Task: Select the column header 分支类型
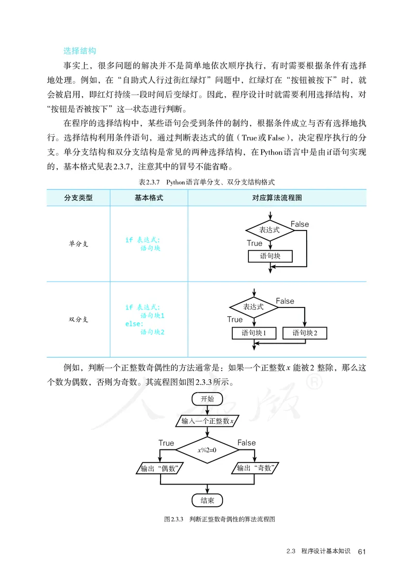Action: pos(78,198)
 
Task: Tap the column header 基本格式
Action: pos(149,198)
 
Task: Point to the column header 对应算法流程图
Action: pos(277,198)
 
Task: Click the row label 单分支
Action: pos(78,244)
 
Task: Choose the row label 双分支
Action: pos(78,319)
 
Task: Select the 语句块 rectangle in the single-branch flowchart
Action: pos(270,256)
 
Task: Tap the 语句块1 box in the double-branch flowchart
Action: pos(253,333)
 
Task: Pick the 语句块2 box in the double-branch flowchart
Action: pos(305,333)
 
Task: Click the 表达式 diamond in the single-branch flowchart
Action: pos(269,230)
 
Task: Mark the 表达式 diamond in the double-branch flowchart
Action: pos(254,307)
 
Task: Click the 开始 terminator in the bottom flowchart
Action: pos(208,399)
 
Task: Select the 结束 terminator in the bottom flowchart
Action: pos(208,500)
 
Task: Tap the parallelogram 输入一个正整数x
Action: pos(208,421)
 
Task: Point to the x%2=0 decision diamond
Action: pos(208,450)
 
